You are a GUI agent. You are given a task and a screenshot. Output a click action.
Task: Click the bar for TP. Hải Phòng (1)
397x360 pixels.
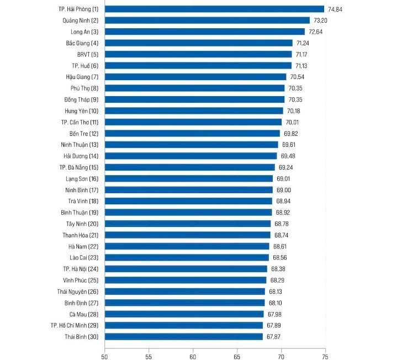(x=214, y=9)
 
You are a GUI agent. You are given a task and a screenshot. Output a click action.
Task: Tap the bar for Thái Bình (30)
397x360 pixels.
(x=183, y=336)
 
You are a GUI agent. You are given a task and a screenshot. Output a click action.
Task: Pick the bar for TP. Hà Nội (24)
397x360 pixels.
(x=186, y=269)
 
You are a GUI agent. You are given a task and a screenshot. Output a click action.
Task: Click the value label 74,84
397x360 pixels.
(x=336, y=9)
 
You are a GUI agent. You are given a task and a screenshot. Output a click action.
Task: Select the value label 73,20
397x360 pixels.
(x=321, y=20)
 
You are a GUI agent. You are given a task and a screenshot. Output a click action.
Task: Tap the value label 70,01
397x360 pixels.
(x=293, y=122)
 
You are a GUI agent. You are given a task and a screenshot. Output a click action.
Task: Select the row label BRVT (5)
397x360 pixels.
(x=88, y=54)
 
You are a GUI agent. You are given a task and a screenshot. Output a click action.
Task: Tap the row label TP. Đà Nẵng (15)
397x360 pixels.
(x=79, y=167)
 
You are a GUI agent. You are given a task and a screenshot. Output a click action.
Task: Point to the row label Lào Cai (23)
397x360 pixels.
(x=84, y=258)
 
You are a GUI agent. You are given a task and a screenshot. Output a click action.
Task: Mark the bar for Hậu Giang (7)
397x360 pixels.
(x=195, y=77)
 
